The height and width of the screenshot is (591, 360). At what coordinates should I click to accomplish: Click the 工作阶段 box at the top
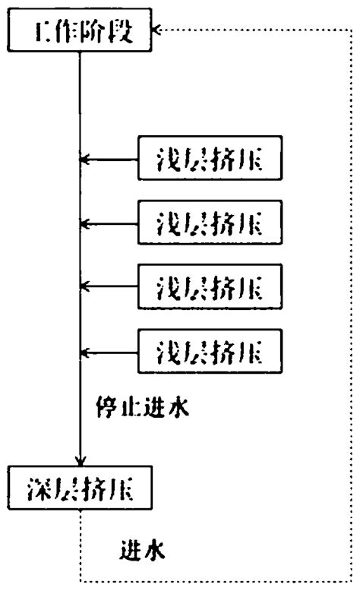click(x=80, y=33)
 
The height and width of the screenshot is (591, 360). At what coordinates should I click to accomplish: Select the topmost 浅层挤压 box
click(x=209, y=159)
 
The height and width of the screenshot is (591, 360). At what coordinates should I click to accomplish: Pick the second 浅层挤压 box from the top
click(x=209, y=223)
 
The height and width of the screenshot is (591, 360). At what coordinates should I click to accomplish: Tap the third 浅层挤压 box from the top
click(x=209, y=286)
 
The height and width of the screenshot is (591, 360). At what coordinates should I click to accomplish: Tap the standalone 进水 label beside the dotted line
click(x=141, y=549)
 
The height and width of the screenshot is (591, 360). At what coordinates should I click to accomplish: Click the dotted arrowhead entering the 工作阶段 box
click(x=156, y=31)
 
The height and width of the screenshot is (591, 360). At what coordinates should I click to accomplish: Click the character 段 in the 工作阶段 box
click(x=125, y=33)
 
